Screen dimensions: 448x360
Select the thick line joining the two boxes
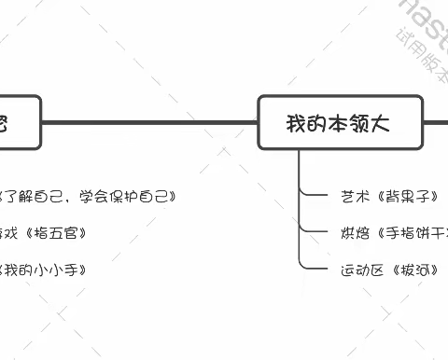click(149, 121)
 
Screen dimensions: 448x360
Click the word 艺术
click(353, 197)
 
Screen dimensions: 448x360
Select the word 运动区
click(358, 270)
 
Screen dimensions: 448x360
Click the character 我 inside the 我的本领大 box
click(296, 121)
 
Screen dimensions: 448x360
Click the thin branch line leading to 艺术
click(312, 196)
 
